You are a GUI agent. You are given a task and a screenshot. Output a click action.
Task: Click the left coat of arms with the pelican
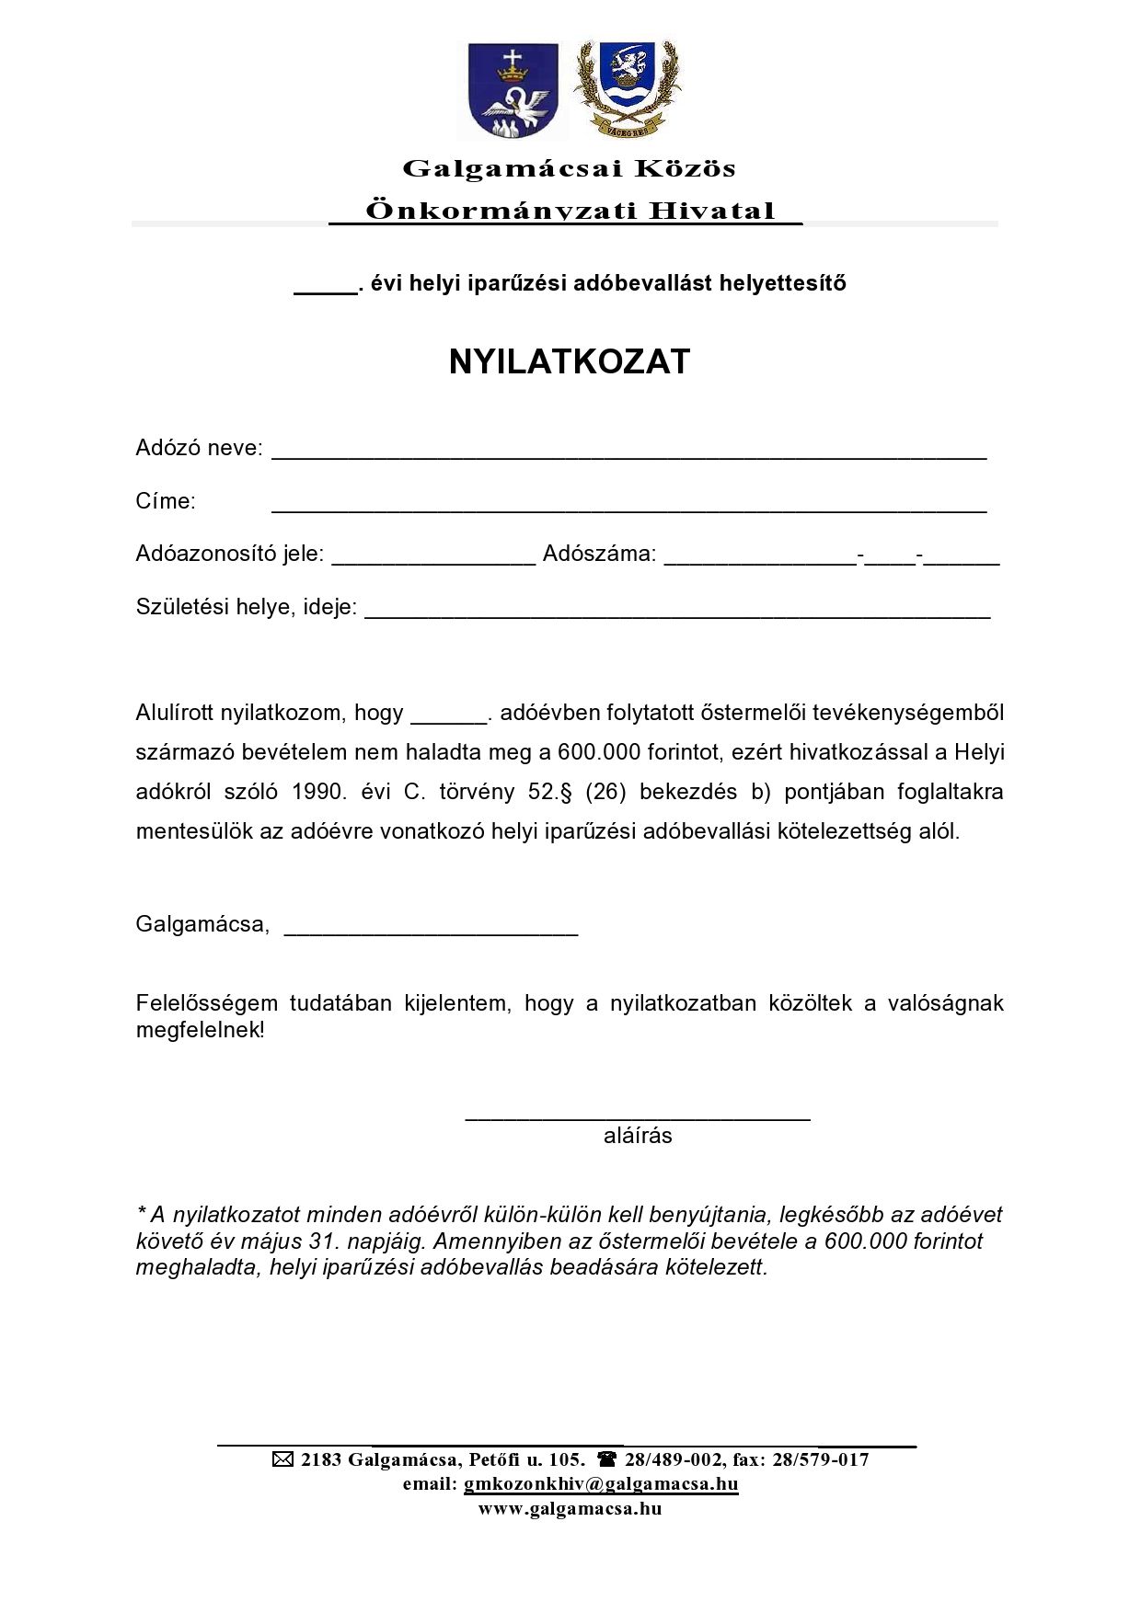(x=513, y=90)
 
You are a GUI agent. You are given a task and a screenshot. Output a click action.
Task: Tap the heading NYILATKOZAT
(x=570, y=362)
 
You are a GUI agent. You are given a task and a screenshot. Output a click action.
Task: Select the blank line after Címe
(x=628, y=506)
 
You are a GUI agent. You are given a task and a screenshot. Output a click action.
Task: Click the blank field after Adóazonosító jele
(x=433, y=558)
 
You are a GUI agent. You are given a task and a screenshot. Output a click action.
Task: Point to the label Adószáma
(x=599, y=554)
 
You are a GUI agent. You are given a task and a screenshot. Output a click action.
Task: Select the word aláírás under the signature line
(x=638, y=1136)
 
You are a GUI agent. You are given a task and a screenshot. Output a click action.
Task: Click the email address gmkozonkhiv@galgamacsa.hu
(x=601, y=1483)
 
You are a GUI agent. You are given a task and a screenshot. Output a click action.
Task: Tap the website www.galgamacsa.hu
(x=570, y=1508)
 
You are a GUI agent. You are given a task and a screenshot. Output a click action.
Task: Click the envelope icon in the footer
(x=283, y=1459)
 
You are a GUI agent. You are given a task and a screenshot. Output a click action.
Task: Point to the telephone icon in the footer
(x=607, y=1459)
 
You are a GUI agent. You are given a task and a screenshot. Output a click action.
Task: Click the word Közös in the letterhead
(x=688, y=169)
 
